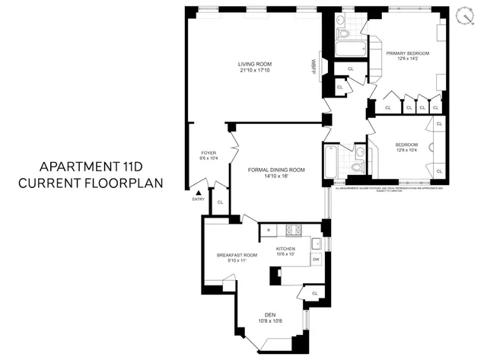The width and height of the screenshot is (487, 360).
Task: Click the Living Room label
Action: [x=254, y=63]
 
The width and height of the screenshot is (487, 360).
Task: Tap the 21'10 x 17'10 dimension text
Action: [x=254, y=71]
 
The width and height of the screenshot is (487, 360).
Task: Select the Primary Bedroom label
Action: [x=407, y=53]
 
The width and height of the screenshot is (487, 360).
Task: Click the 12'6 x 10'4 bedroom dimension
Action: [x=406, y=151]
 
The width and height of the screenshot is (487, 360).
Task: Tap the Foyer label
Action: [x=208, y=152]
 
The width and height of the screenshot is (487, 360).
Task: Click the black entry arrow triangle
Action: [x=200, y=193]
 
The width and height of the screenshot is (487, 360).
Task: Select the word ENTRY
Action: [x=199, y=200]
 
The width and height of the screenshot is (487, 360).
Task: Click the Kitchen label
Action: [x=285, y=249]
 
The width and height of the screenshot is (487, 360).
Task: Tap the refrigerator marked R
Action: [x=269, y=229]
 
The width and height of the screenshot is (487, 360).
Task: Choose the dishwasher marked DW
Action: [x=316, y=260]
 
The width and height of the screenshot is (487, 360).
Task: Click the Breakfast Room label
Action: [x=237, y=254]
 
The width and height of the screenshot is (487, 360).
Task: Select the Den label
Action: [x=270, y=314]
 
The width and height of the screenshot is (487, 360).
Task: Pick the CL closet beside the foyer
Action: [x=220, y=202]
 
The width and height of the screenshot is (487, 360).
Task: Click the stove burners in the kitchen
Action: [x=293, y=229]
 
